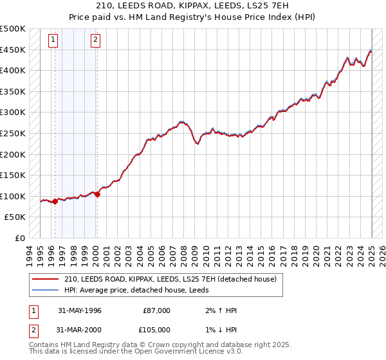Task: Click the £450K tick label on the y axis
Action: coord(13,50)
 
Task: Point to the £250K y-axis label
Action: coord(13,134)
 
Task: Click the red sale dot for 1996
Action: coord(55,202)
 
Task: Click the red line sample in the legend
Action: coord(45,279)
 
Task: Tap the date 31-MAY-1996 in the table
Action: coord(80,310)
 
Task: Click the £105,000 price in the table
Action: coord(156,330)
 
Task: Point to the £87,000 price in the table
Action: coord(156,310)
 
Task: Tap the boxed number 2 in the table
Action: coord(33,330)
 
